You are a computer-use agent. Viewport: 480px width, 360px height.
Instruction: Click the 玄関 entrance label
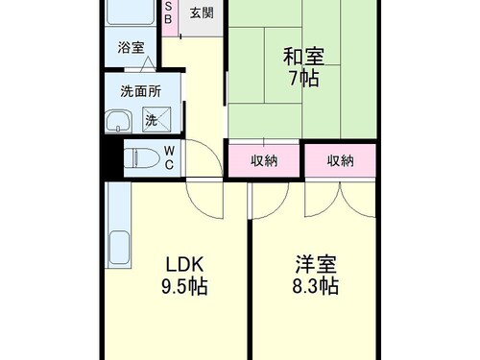click(x=202, y=13)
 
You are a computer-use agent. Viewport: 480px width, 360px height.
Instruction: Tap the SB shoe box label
click(x=168, y=12)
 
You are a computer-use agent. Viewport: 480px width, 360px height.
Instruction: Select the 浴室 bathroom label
click(x=131, y=48)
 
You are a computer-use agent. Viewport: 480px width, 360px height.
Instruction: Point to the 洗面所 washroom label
click(x=141, y=91)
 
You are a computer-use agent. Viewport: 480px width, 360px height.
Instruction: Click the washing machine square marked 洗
click(x=156, y=119)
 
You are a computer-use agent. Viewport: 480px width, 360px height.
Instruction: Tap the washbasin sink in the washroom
click(x=118, y=121)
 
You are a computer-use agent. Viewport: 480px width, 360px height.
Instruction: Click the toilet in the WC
click(x=142, y=158)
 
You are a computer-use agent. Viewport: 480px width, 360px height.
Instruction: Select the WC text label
click(x=169, y=157)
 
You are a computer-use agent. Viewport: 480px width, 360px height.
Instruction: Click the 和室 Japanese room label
click(x=303, y=57)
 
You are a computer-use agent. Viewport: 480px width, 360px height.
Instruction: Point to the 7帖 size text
click(x=304, y=78)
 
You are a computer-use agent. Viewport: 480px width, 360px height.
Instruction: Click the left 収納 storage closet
click(x=264, y=160)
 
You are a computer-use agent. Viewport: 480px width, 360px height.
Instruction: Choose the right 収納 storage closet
click(x=340, y=160)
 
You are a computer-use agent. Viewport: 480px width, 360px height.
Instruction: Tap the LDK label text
click(x=184, y=265)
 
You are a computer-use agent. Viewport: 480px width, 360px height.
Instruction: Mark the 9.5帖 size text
click(x=184, y=286)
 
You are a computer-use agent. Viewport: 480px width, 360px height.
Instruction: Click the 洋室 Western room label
click(x=316, y=264)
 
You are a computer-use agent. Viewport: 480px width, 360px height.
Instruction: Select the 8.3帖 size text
click(x=316, y=286)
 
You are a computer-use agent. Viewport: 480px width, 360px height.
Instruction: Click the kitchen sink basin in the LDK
click(x=119, y=248)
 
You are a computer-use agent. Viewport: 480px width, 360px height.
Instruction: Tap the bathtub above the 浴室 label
click(x=130, y=12)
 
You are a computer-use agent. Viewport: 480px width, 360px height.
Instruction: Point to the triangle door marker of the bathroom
click(x=148, y=63)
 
